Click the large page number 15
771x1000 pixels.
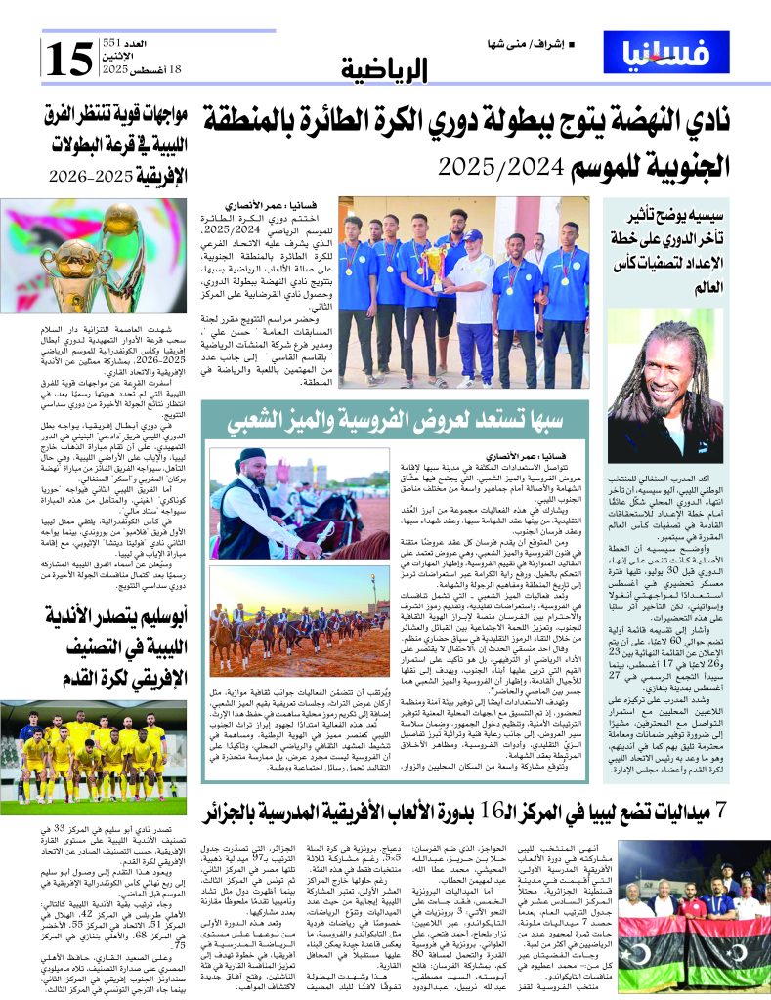pyautogui.click(x=67, y=61)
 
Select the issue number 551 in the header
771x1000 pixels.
pyautogui.click(x=113, y=44)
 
